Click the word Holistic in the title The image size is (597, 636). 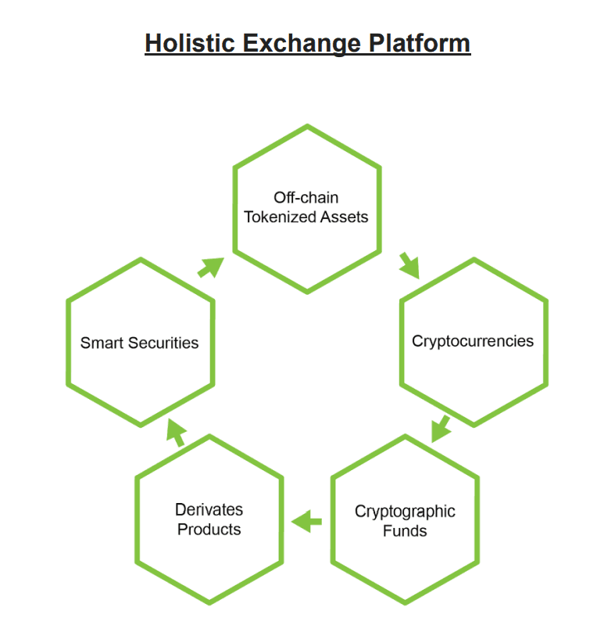tap(190, 42)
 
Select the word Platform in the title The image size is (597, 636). tap(419, 42)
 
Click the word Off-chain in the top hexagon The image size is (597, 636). tap(306, 198)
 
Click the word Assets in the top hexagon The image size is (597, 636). tap(344, 217)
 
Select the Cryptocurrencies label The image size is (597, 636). tap(473, 342)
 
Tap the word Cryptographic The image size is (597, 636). tap(405, 512)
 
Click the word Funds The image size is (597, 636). tap(405, 530)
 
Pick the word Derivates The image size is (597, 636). tap(209, 509)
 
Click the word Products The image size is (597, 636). tap(209, 530)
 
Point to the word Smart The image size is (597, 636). tap(102, 343)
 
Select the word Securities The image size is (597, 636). tap(163, 343)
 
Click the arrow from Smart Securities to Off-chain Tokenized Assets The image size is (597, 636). tap(211, 268)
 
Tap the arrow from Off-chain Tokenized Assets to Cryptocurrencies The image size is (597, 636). tap(409, 266)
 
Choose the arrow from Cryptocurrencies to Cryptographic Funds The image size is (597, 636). tap(441, 429)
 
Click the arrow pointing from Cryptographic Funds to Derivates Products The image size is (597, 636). tap(306, 522)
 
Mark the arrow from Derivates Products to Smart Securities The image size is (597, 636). tap(177, 433)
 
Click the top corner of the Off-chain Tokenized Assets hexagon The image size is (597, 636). tap(307, 125)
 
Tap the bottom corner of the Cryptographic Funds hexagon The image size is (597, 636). tap(405, 604)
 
